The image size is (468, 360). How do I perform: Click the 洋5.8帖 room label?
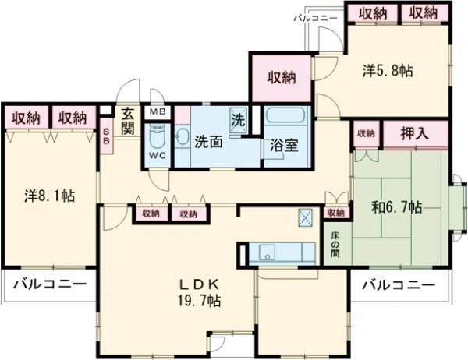[x=387, y=71]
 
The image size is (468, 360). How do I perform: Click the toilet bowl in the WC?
[x=157, y=139]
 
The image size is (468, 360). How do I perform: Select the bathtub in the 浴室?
[x=286, y=119]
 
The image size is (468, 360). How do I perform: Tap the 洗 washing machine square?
[x=239, y=120]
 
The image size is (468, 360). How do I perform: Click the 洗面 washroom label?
[x=207, y=143]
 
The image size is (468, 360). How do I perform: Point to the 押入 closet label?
[x=414, y=134]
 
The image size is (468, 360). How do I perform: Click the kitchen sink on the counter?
[x=267, y=254]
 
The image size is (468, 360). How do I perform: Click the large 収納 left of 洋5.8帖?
[x=282, y=76]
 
